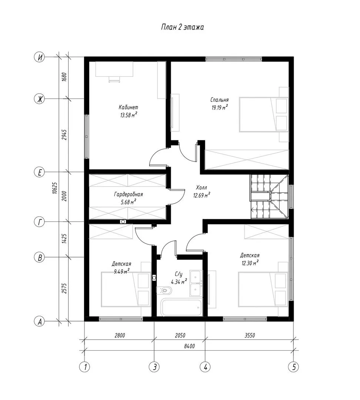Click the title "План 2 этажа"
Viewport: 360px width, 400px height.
point(183,27)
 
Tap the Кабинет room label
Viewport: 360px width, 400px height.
point(129,107)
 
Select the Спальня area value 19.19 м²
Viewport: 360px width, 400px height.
point(219,107)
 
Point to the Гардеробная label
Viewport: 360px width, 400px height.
point(129,194)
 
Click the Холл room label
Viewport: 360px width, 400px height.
point(201,188)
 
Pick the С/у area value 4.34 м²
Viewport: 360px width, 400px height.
point(179,281)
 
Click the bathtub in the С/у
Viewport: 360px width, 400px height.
point(181,308)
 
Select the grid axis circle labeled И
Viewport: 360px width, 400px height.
point(40,57)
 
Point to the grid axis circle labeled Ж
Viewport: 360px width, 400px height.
point(40,99)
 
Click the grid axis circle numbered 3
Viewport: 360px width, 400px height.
point(154,367)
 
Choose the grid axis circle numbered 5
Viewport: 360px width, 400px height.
point(294,367)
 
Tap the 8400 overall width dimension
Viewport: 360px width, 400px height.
point(189,346)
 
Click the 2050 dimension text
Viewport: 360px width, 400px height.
point(180,335)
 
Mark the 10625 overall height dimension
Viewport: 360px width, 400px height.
point(54,188)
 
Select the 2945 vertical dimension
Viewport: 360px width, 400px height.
point(64,135)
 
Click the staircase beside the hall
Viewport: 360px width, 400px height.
point(269,196)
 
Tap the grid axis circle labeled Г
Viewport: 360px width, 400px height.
point(40,222)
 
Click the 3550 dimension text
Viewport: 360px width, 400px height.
point(250,335)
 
